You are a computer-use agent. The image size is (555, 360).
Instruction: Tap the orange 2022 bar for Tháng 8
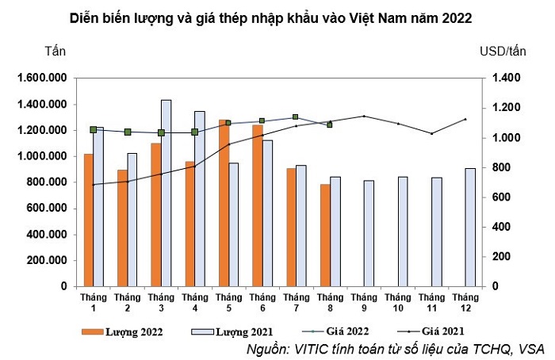pos(323,235)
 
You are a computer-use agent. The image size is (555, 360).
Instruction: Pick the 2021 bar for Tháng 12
pos(469,226)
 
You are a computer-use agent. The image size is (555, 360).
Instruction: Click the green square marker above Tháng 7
pos(295,117)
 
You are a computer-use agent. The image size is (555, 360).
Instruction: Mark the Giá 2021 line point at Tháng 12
pos(465,119)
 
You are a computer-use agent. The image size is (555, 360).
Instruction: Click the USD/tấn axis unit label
pos(503,51)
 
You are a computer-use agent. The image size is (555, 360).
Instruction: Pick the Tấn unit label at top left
pos(55,51)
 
